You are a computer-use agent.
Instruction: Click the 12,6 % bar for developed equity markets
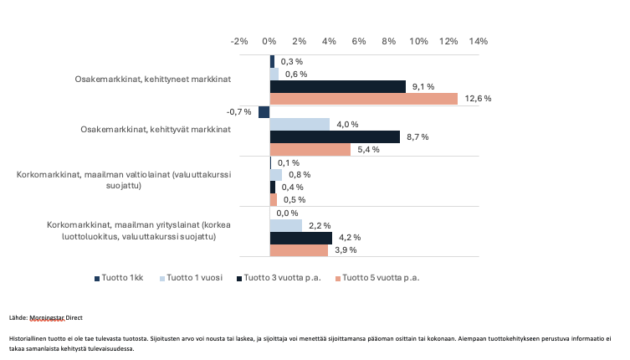(363, 99)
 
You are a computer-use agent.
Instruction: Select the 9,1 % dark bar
(337, 86)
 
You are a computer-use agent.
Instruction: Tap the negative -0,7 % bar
(264, 112)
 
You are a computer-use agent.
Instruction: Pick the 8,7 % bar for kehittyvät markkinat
(335, 137)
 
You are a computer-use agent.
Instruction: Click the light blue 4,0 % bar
(300, 125)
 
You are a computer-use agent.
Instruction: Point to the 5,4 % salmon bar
(310, 150)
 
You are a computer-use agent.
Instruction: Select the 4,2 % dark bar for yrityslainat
(300, 238)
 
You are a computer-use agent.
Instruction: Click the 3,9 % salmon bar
(299, 250)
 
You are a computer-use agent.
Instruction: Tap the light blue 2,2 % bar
(285, 225)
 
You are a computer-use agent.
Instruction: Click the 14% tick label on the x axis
(479, 41)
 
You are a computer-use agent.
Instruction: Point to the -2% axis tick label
(239, 41)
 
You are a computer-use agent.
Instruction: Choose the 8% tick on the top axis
(389, 41)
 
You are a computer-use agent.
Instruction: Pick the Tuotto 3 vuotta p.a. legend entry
(285, 277)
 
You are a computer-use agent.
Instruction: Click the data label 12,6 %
(478, 99)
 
